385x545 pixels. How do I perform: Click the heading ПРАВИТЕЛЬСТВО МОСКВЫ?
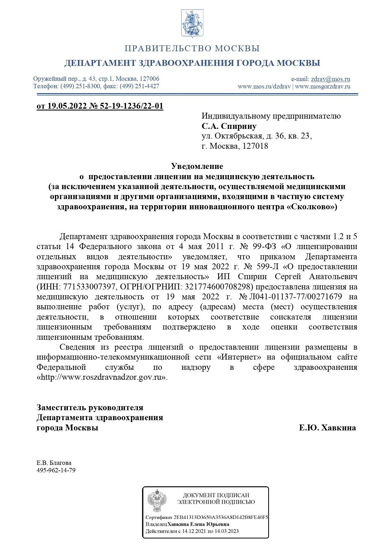point(192,49)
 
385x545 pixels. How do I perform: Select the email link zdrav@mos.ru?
point(330,79)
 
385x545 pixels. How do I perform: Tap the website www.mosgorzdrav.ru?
point(323,86)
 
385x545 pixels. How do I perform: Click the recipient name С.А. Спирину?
point(229,126)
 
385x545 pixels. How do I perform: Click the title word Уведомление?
point(197,166)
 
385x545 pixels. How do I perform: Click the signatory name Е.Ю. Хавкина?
point(327,428)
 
